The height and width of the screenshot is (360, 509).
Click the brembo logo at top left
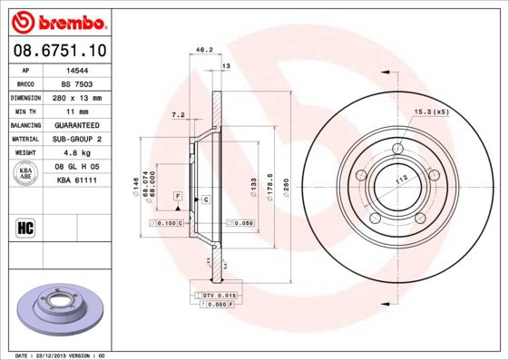pos(58,20)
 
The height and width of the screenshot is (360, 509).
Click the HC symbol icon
pos(25,227)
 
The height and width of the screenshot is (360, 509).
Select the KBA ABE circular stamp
pos(25,174)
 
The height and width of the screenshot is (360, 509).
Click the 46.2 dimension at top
pos(204,50)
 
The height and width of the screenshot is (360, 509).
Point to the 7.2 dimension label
pos(178,115)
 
